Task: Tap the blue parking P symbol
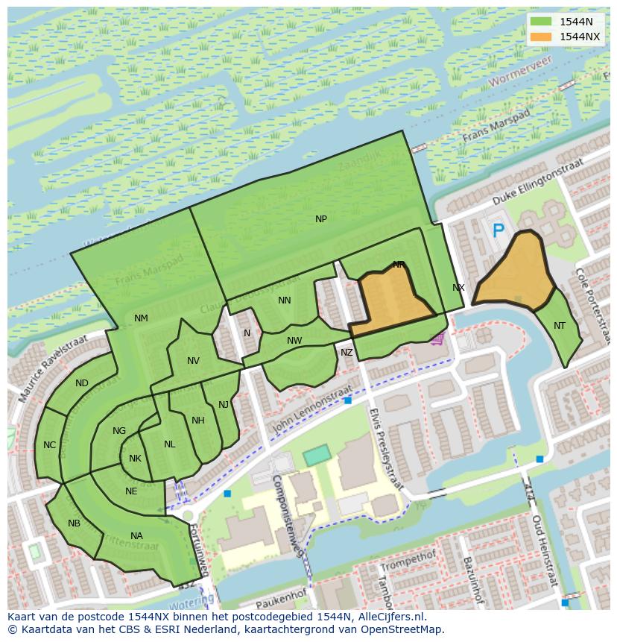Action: (498, 232)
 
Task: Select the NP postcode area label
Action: (321, 219)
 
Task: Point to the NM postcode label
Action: (141, 318)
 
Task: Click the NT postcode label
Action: (560, 326)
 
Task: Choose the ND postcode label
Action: (82, 383)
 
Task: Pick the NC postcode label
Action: (49, 445)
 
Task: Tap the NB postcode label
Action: (74, 523)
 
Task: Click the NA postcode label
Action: (136, 536)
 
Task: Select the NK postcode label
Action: (135, 459)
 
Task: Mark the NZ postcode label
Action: (347, 353)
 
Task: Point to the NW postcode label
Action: (294, 341)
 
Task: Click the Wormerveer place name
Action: (520, 68)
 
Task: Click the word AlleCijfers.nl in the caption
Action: (389, 617)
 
